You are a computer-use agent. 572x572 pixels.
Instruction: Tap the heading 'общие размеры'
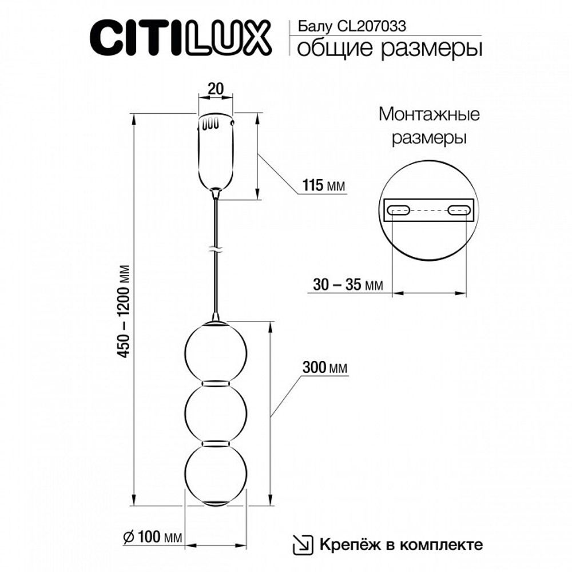tap(387, 49)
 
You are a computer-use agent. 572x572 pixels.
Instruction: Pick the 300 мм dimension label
tap(325, 367)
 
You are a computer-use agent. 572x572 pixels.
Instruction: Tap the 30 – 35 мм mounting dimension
tap(347, 284)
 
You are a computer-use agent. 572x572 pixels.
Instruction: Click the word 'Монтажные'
tap(429, 114)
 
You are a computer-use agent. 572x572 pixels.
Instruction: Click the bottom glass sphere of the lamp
tap(215, 473)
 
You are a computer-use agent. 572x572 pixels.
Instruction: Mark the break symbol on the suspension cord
tap(215, 250)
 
